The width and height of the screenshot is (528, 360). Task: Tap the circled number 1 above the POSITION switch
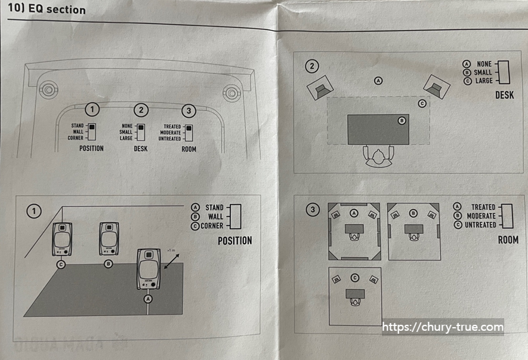click(92, 110)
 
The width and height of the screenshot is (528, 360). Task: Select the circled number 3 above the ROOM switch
click(189, 110)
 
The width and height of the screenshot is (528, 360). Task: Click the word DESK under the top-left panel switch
click(141, 148)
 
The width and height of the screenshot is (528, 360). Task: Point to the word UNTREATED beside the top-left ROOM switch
click(169, 139)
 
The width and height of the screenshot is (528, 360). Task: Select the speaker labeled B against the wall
click(109, 238)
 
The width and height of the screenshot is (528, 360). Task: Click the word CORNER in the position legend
click(212, 226)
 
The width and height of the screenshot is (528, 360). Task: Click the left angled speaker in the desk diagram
click(320, 88)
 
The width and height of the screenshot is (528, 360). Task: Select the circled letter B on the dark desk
click(402, 121)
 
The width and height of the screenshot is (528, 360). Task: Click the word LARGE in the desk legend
click(484, 81)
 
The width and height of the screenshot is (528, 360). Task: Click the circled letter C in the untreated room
click(355, 277)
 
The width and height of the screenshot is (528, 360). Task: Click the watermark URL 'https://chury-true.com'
click(443, 327)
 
